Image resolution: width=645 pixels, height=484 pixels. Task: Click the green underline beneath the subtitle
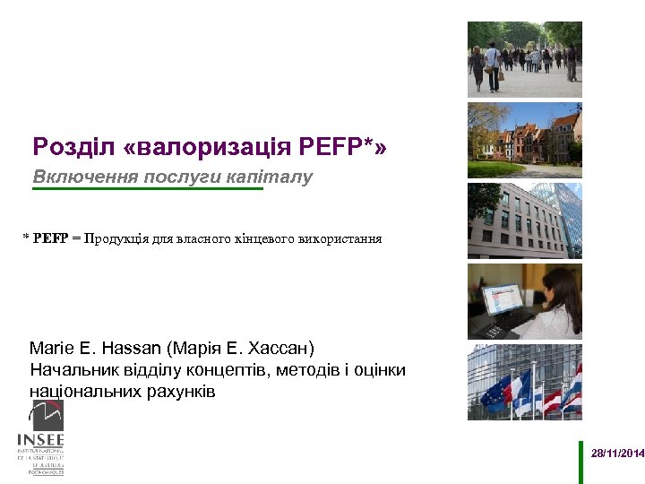[x=148, y=190]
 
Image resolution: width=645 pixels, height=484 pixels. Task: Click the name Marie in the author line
[x=50, y=347]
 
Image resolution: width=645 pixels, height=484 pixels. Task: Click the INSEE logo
[x=40, y=439]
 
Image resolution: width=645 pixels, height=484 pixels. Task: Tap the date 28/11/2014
[x=617, y=454]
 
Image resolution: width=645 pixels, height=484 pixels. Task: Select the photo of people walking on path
[x=524, y=59]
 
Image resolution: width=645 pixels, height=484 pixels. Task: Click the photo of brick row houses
[x=524, y=140]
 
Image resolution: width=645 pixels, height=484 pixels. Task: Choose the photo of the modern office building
[x=524, y=220]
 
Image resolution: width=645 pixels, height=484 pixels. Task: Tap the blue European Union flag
[x=494, y=393]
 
